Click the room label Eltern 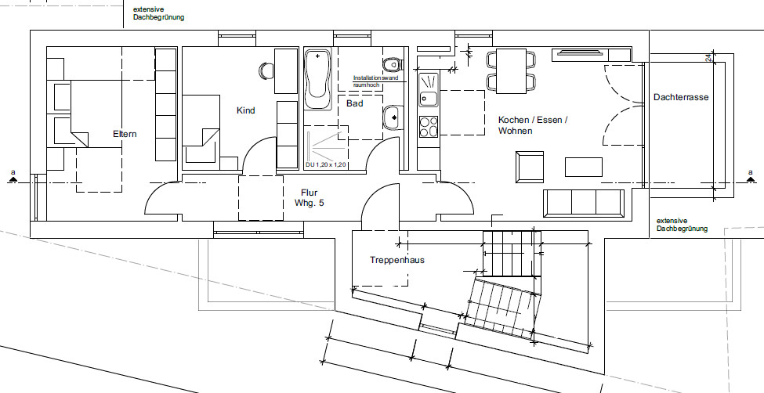coord(125,134)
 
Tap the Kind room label coord(245,110)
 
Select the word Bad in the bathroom coord(354,103)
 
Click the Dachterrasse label coord(681,97)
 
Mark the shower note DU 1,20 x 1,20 coord(325,165)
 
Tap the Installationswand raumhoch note coord(377,80)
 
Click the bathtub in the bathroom coord(317,79)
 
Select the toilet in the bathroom coord(392,63)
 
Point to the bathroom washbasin coord(392,118)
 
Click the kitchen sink coord(428,89)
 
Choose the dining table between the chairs coord(512,70)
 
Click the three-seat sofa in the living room coord(584,202)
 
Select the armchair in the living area coord(530,165)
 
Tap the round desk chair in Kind coord(265,70)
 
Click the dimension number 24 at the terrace coord(708,60)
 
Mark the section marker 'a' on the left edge coord(13,173)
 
